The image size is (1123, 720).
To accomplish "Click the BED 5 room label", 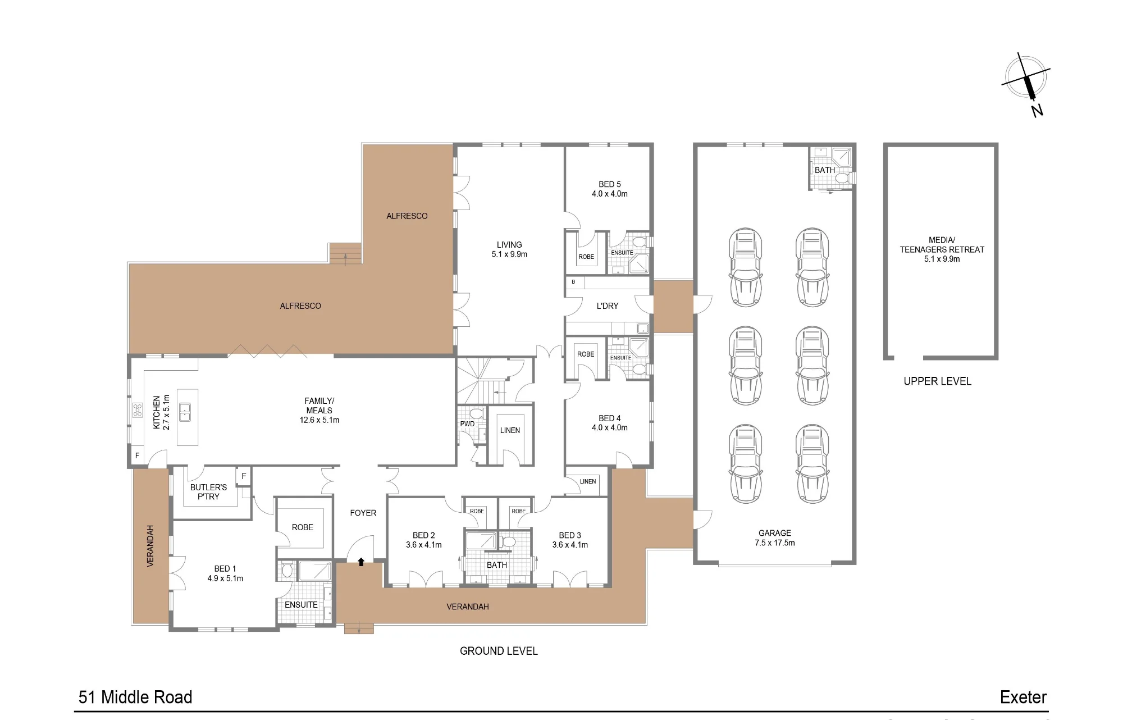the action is click(x=610, y=189).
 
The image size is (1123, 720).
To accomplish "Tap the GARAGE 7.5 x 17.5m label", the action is click(x=775, y=538).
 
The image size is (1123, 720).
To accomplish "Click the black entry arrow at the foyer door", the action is click(x=361, y=562).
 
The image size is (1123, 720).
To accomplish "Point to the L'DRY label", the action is click(x=608, y=306).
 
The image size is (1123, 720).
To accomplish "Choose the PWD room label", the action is click(x=467, y=424).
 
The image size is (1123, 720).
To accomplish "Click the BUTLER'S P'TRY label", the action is click(x=208, y=492).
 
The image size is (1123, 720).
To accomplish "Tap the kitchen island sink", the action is click(x=185, y=412).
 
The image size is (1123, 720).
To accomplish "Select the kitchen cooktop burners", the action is click(x=138, y=410).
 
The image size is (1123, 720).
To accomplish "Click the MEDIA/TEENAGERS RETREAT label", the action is click(x=942, y=249).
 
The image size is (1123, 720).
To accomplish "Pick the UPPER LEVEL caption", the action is click(x=937, y=381).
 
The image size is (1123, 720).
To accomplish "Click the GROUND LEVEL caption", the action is click(x=499, y=651).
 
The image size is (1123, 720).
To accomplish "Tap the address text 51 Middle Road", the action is click(x=135, y=697).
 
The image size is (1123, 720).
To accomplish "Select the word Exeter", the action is click(x=1023, y=697).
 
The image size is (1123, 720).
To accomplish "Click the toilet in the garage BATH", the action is click(x=842, y=178).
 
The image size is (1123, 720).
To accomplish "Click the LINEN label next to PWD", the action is click(x=510, y=431).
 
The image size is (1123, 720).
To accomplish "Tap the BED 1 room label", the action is click(x=225, y=573).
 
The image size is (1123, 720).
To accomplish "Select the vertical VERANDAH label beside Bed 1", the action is click(x=150, y=546).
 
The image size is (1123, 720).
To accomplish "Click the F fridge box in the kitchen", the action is click(x=137, y=455).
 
